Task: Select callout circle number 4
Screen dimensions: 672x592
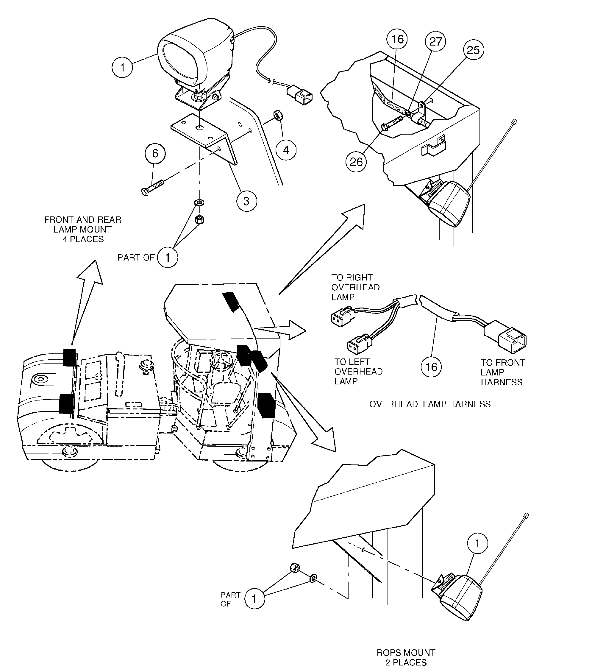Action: tap(286, 150)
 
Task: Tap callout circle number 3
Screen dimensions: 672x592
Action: tap(246, 201)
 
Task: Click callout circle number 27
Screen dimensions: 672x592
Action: tap(435, 41)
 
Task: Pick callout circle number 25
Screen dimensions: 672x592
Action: tap(473, 50)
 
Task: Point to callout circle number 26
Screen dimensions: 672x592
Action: tap(356, 162)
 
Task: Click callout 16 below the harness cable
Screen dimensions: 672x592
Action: tap(431, 367)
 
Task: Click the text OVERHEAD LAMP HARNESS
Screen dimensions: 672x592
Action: tap(429, 404)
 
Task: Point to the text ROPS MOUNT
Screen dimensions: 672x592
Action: tap(406, 653)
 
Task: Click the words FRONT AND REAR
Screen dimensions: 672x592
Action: tap(82, 220)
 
